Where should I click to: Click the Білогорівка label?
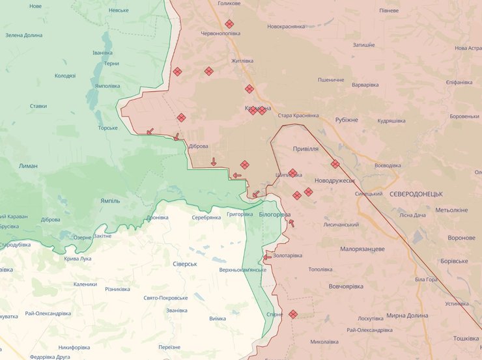point(274,214)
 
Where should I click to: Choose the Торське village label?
point(107,128)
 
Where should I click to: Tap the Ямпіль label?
point(110,201)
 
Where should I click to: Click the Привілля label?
point(305,148)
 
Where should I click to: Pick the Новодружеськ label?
point(334,180)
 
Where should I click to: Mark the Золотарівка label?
point(287,255)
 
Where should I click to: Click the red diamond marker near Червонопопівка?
point(229,24)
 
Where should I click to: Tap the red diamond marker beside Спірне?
point(293,314)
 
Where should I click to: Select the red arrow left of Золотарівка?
point(267,257)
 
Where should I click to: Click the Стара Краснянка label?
point(298,115)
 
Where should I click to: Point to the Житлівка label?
point(242,61)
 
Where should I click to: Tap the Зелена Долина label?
point(24,35)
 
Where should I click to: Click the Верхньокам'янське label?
point(242,270)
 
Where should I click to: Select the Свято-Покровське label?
point(165,298)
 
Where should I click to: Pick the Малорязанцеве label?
point(362,249)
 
